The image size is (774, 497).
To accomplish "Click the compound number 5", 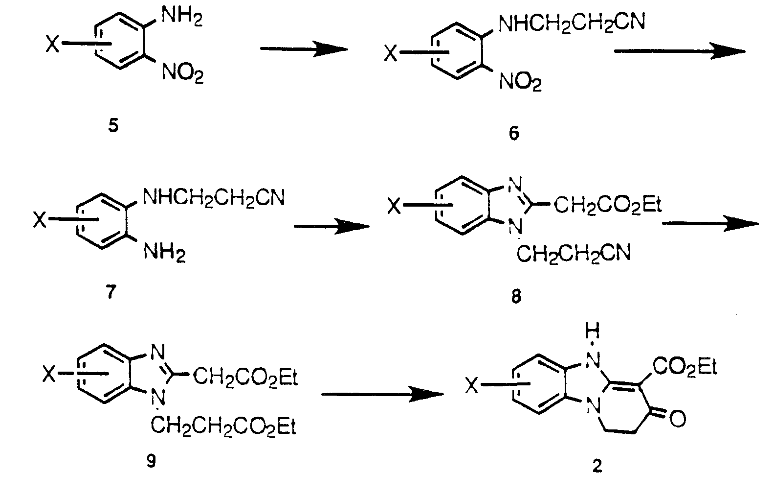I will tap(113, 126).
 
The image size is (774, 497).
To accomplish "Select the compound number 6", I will tap(513, 133).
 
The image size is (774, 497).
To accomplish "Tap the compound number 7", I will tap(111, 292).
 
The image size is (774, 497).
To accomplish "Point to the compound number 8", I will tap(516, 296).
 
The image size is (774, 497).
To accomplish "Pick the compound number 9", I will tap(152, 461).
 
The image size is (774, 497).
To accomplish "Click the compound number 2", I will tap(597, 466).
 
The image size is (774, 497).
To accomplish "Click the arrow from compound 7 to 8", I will tap(331, 226).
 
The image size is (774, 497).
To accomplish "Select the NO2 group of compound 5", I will tap(182, 75).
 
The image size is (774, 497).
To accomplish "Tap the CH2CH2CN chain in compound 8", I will tap(574, 254).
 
